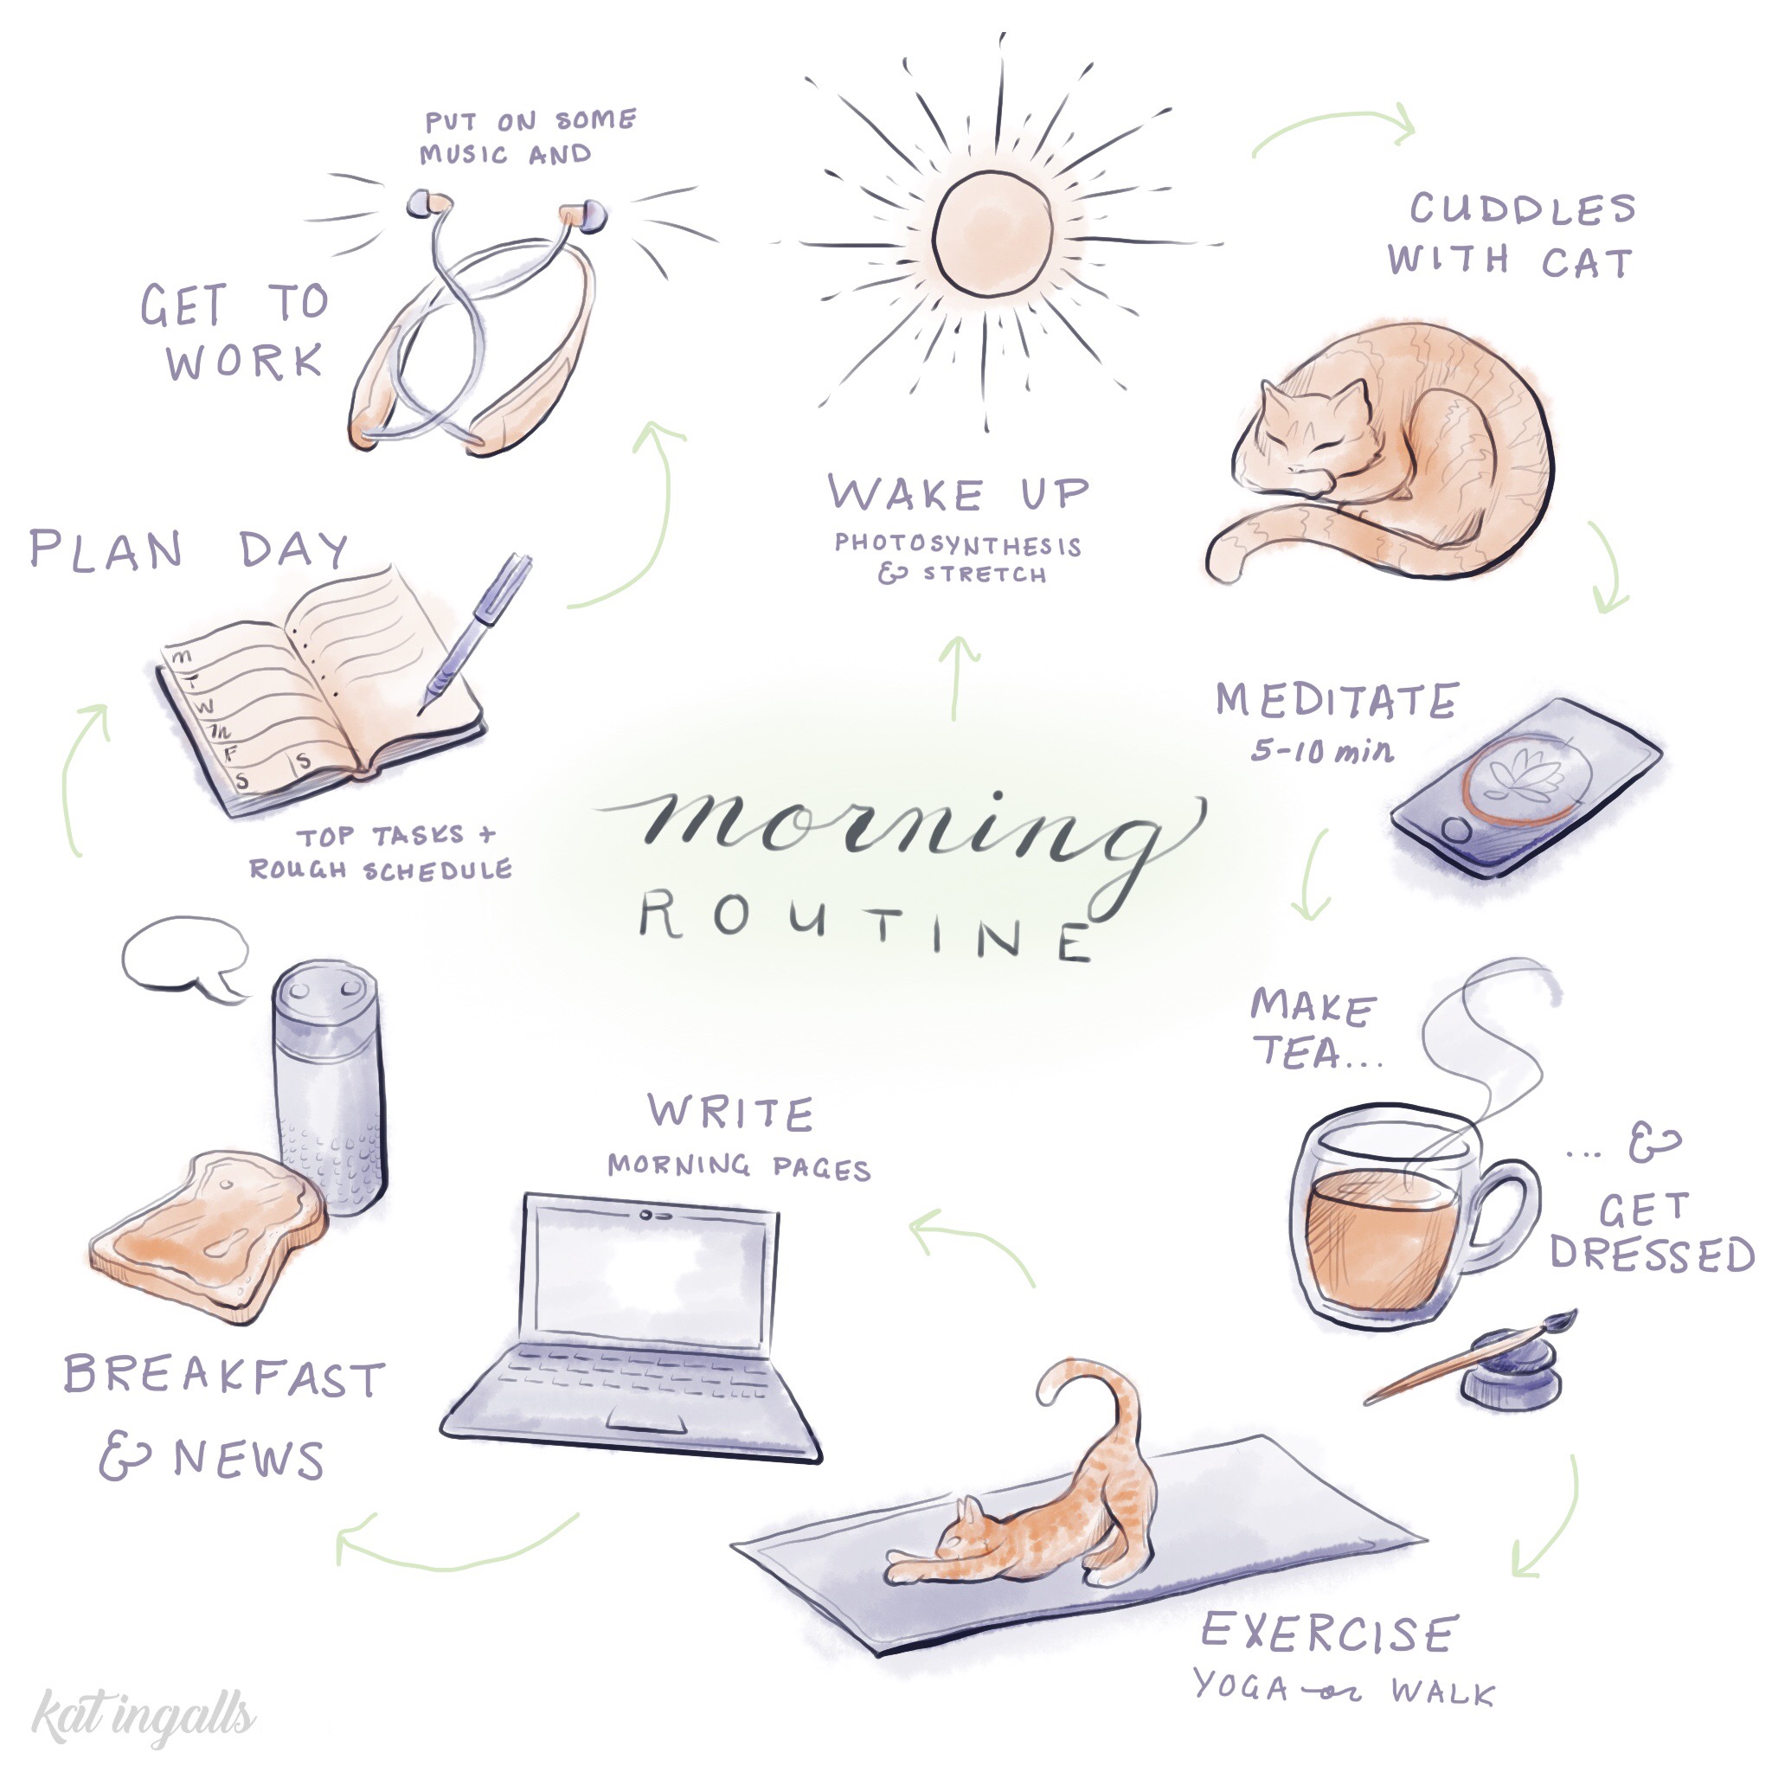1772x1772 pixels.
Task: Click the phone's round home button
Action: [1455, 830]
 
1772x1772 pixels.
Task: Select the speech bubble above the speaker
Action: [183, 953]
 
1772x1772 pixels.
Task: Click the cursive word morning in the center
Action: [899, 825]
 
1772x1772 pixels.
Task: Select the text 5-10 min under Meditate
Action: [1320, 752]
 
